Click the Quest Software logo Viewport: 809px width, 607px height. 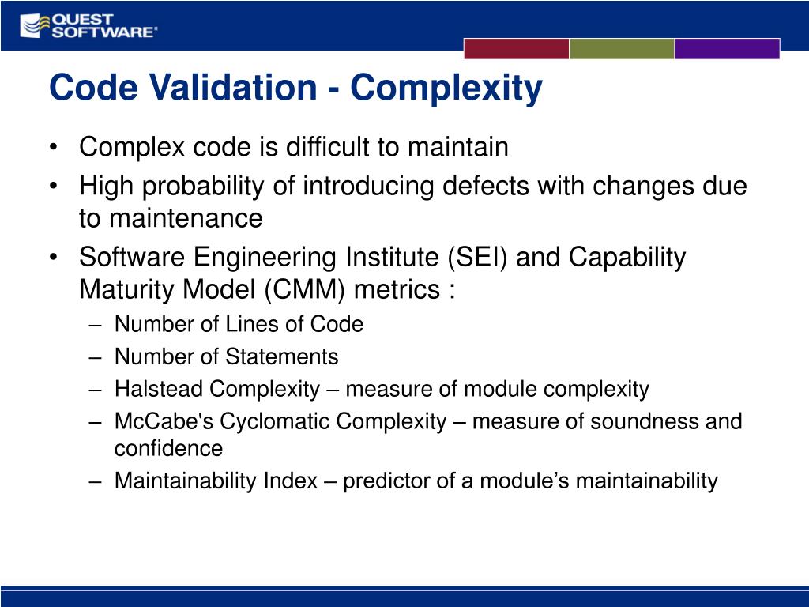(x=88, y=26)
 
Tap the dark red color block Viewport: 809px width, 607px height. (x=517, y=48)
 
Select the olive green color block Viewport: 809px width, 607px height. (x=622, y=48)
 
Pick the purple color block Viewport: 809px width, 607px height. (x=727, y=48)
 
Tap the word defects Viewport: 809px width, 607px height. (x=486, y=186)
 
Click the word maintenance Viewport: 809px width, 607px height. (x=186, y=218)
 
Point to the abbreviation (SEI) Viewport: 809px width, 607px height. (x=477, y=257)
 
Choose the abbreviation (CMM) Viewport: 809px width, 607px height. (x=304, y=289)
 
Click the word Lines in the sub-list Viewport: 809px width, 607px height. (x=253, y=324)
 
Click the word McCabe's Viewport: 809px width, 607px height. (x=164, y=422)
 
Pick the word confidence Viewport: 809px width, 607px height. (x=169, y=449)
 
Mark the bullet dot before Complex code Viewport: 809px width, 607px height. (x=53, y=147)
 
